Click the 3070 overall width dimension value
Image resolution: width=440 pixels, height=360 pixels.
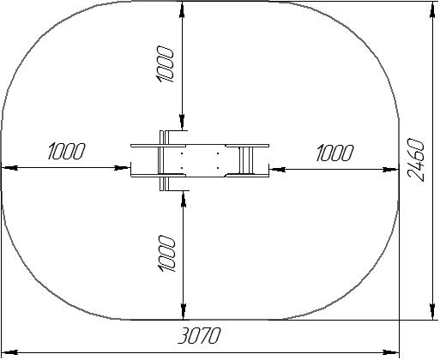(199, 335)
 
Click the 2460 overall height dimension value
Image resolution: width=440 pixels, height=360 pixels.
(416, 160)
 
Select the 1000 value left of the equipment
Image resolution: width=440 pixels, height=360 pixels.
(67, 151)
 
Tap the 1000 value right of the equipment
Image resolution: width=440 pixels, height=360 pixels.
(335, 153)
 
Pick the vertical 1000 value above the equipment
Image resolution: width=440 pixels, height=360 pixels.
(165, 64)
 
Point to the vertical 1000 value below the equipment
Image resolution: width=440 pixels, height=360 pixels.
(166, 254)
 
